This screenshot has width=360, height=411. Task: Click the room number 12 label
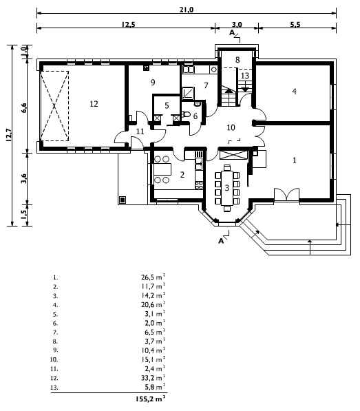pos(94,104)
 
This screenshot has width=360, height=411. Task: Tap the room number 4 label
pos(294,91)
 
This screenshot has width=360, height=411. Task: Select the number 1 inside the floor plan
pos(294,160)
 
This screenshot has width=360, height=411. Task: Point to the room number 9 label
pos(153,83)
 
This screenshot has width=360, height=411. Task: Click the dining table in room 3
pos(227,188)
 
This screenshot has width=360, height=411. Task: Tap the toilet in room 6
pos(186,114)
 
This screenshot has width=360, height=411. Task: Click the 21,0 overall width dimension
pos(187,10)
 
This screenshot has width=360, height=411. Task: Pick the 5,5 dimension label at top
pos(295,24)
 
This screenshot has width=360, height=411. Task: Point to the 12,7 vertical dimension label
pos(9,135)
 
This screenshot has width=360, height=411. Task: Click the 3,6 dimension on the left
pos(24,179)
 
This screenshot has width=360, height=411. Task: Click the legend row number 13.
pos(54,387)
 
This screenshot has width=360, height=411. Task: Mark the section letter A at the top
pos(231,32)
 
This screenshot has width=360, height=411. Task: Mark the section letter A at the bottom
pos(221,241)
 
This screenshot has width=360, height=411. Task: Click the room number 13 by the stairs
pos(245,76)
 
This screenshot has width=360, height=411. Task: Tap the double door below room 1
pos(286,195)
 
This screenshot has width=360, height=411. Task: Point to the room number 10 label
pos(231,127)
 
